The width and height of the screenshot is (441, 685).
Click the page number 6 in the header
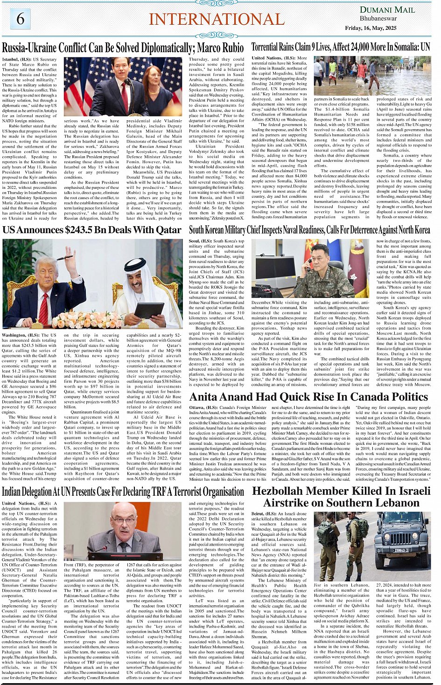[21, 19]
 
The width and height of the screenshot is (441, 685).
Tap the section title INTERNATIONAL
[217, 19]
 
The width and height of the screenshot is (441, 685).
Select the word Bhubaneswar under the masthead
[378, 19]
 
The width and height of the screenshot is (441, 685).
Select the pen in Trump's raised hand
[64, 257]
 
